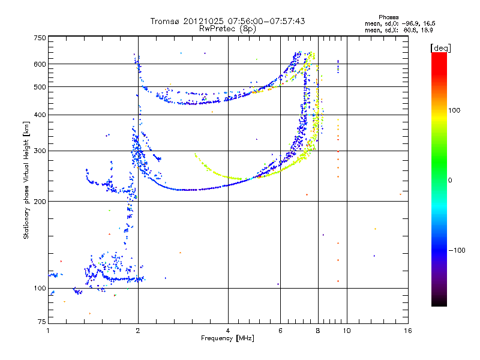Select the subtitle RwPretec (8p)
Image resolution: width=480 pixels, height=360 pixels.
coord(227,28)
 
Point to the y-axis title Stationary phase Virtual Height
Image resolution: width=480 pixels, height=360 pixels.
coord(26,181)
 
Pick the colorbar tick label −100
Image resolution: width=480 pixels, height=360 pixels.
coord(458,250)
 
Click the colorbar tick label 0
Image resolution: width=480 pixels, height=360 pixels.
coord(451,180)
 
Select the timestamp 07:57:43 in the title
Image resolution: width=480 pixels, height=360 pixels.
coord(285,21)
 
